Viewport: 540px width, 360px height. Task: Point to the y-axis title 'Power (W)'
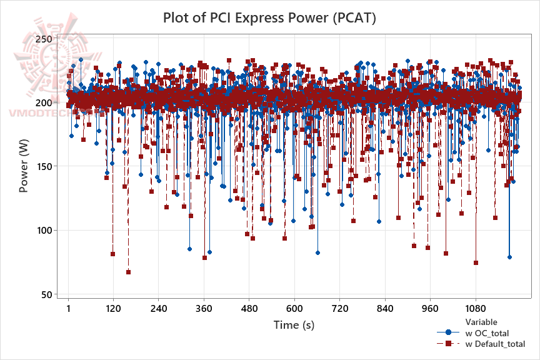tap(24, 166)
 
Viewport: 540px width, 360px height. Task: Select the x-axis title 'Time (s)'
tap(294, 325)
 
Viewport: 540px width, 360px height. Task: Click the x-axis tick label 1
tap(68, 309)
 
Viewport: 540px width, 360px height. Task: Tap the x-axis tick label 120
tap(113, 309)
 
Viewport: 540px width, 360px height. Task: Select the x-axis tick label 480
tap(249, 309)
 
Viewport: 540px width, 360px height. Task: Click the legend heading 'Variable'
tap(481, 322)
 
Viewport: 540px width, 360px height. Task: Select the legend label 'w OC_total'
tap(492, 333)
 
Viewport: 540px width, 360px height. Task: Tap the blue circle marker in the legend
tap(448, 333)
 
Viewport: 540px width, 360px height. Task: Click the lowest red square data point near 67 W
tap(128, 272)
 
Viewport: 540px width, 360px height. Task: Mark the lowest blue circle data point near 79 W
tap(509, 257)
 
